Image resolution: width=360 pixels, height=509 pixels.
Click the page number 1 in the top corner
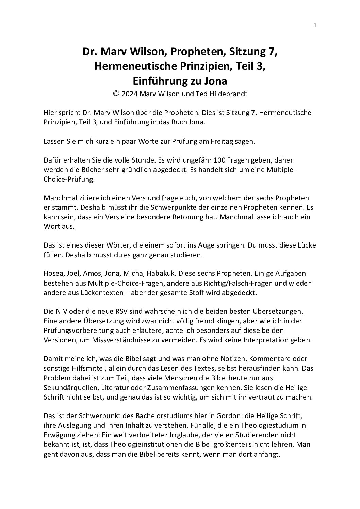315,25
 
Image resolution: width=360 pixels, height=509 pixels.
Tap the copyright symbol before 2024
116,94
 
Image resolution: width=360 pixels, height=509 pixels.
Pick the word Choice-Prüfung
69,179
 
